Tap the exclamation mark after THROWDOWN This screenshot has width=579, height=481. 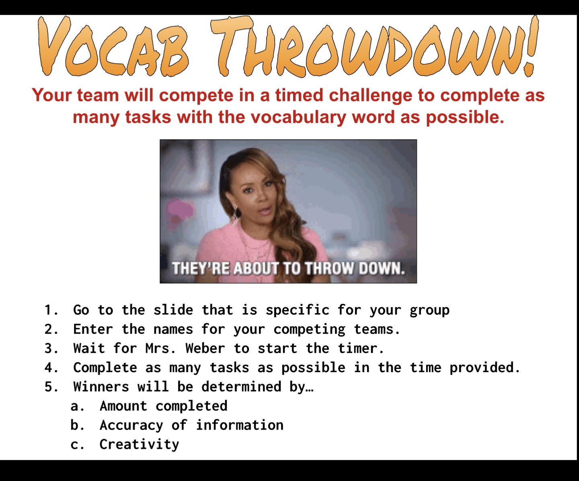(x=532, y=46)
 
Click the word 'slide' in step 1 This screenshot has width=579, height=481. (x=173, y=310)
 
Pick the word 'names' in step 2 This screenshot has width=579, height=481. (x=173, y=329)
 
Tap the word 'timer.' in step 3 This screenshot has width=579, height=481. (x=361, y=349)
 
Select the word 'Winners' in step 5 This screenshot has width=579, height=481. (x=101, y=387)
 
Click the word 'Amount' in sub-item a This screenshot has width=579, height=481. (x=123, y=406)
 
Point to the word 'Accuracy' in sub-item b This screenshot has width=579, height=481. (x=131, y=425)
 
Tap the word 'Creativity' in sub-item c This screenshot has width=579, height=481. (x=139, y=444)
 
